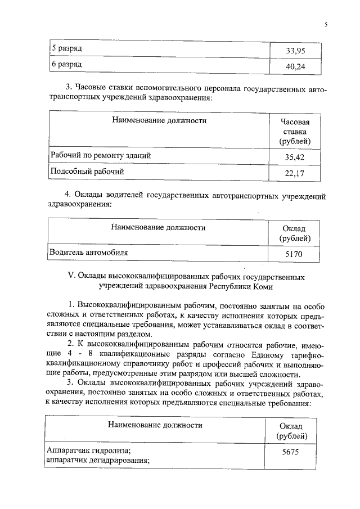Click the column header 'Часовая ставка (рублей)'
pyautogui.click(x=295, y=132)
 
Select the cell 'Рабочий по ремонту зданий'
pyautogui.click(x=101, y=155)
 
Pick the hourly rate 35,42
pyautogui.click(x=295, y=158)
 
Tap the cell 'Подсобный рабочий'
pyautogui.click(x=87, y=171)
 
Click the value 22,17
pyautogui.click(x=295, y=174)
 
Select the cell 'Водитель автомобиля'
pyautogui.click(x=89, y=253)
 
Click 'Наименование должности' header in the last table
pyautogui.click(x=155, y=425)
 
